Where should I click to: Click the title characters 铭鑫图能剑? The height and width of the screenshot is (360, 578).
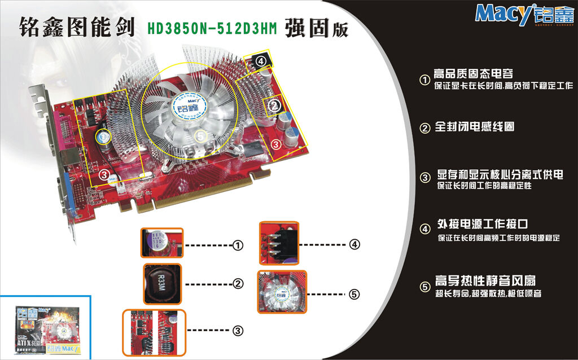[77, 27]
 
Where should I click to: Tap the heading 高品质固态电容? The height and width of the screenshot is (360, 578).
[473, 74]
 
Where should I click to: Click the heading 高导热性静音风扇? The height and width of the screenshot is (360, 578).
[485, 281]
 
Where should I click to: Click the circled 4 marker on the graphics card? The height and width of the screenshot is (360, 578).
[260, 60]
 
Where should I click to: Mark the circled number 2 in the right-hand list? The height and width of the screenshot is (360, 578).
[425, 128]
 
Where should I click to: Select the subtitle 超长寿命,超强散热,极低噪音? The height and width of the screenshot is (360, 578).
[488, 293]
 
